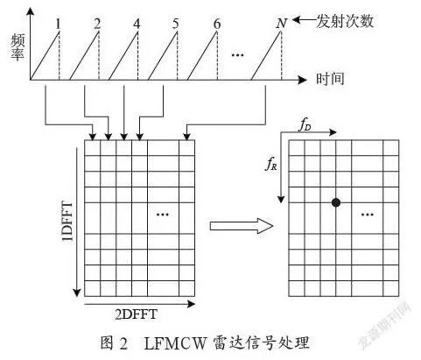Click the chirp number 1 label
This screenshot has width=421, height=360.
point(59,24)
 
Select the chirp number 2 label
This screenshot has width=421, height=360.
point(97,24)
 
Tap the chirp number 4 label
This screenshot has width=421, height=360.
point(137,24)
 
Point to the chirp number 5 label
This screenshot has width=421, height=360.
point(175,24)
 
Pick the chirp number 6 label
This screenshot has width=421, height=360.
point(217,24)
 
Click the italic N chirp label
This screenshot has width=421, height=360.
point(282,24)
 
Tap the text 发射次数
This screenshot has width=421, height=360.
point(345,21)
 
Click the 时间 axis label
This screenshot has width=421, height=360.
point(330,79)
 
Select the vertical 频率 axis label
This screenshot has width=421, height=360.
point(18,47)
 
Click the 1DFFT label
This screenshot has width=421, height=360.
point(67,221)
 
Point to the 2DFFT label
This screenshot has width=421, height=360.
point(136,314)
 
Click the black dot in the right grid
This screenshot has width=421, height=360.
point(336,202)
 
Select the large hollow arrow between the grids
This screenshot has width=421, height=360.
point(242,226)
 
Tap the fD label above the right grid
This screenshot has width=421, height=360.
point(305,125)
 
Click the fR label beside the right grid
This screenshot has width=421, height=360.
point(271,164)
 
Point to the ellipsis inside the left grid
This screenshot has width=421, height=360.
point(163,215)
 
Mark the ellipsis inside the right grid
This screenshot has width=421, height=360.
point(368,215)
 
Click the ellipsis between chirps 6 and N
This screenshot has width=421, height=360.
point(237,54)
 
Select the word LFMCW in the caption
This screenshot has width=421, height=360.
point(175,343)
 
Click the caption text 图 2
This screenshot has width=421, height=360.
point(114,343)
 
